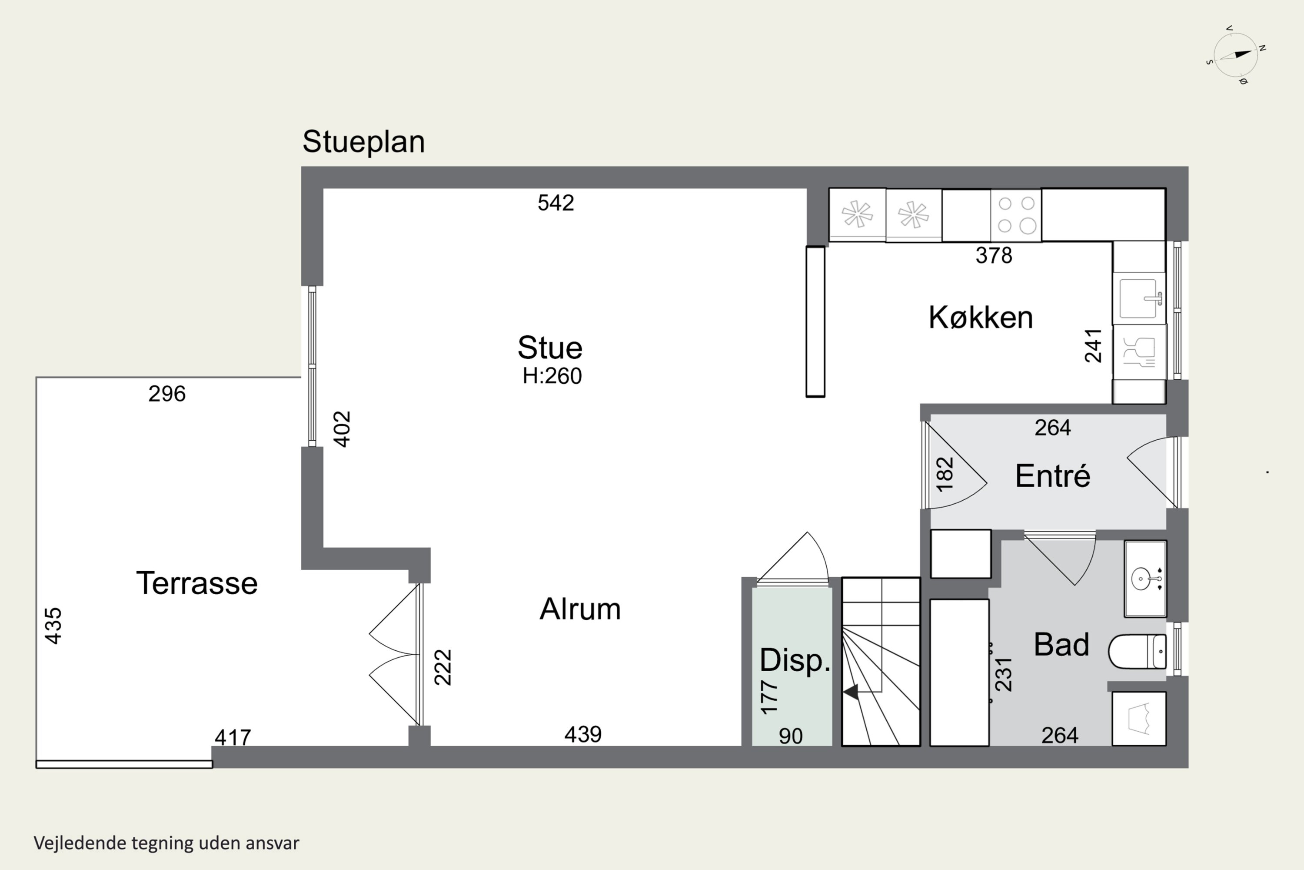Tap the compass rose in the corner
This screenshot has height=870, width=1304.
(1236, 55)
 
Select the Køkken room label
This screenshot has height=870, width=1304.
(980, 318)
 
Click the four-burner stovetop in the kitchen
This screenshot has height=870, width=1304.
(1016, 215)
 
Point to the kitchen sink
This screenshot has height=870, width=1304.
(1139, 298)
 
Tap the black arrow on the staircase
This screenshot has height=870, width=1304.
(851, 692)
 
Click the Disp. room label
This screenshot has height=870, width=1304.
(795, 660)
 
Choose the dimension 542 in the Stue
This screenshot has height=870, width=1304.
(556, 203)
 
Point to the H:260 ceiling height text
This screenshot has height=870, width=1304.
(552, 376)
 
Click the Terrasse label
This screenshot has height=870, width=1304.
(197, 583)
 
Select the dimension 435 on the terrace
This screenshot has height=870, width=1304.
(53, 626)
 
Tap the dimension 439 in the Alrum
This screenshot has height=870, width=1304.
(583, 735)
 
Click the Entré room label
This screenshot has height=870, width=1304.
(1052, 476)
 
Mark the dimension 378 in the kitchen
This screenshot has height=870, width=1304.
(994, 256)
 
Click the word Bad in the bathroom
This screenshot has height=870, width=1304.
(1061, 645)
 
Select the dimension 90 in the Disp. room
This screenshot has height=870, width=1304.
(791, 736)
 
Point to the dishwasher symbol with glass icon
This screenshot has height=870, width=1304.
(1139, 352)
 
